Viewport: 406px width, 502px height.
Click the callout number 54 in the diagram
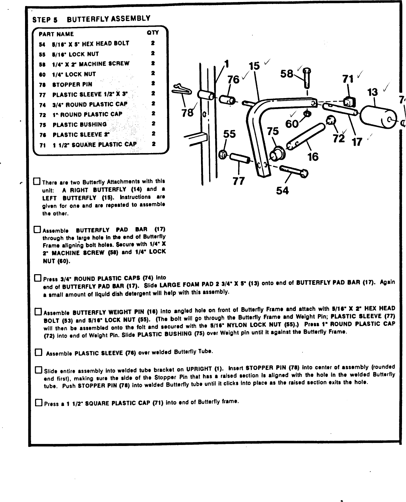coord(282,191)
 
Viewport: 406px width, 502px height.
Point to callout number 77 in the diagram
coord(239,181)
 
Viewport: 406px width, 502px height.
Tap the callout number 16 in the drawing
coord(313,156)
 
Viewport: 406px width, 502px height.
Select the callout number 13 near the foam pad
coord(373,92)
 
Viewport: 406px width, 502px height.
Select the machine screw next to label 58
coord(307,77)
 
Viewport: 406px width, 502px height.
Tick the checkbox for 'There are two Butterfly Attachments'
coord(36,182)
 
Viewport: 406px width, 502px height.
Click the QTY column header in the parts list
coord(153,33)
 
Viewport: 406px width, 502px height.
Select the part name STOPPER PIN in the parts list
coord(72,84)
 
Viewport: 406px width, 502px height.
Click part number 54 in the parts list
coord(42,44)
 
